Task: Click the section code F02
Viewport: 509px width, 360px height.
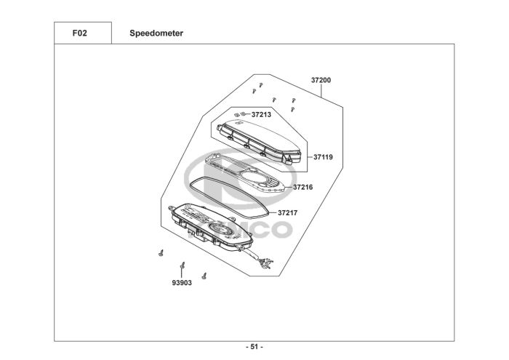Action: [79, 33]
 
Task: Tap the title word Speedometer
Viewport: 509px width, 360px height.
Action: [156, 33]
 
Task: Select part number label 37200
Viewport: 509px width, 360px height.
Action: [321, 80]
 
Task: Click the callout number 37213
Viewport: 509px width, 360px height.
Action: [261, 115]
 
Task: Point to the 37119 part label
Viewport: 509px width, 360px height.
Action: [323, 157]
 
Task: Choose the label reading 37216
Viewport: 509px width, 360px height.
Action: [303, 188]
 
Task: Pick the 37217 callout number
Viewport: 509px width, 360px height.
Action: [288, 213]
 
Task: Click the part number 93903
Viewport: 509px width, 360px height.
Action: [182, 283]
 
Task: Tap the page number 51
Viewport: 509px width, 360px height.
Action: [254, 347]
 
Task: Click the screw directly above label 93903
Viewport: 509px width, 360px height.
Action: [183, 265]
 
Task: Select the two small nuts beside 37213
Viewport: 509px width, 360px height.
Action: [240, 114]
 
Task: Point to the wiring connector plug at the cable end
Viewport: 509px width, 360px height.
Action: [267, 263]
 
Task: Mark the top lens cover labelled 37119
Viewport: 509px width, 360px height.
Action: [259, 141]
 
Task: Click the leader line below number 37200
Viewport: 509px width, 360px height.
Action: [321, 91]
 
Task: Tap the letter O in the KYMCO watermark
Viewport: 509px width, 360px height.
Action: [278, 230]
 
